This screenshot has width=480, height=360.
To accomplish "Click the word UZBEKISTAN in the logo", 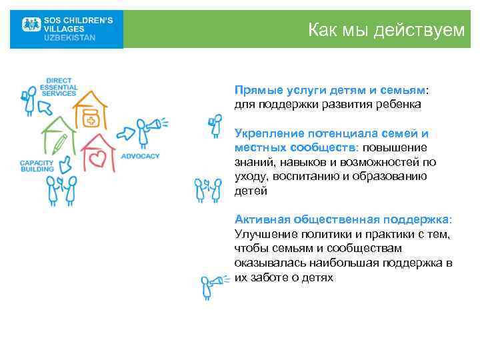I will coord(69,38).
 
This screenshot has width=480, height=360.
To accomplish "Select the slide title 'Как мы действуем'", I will coord(386,29).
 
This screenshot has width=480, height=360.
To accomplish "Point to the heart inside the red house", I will coord(99,159).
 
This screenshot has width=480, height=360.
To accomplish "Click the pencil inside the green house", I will coord(61,143).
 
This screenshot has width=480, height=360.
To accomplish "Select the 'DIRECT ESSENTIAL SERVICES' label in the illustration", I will coord(59,87).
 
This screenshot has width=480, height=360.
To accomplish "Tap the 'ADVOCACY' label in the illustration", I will coord(141,156).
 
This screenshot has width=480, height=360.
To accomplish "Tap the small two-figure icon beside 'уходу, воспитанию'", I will coord(207,189).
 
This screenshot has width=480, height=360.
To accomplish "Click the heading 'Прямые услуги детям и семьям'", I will coord(329,89).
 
